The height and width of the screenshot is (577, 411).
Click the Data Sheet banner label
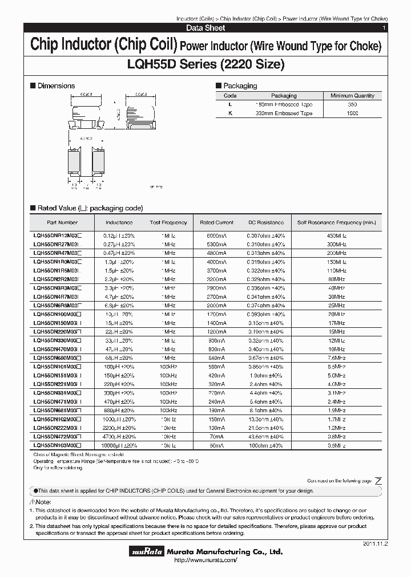[205, 28]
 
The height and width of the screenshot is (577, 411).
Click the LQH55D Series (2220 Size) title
[205, 64]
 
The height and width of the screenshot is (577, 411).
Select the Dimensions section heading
[56, 86]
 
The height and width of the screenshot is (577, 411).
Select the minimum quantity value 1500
[353, 113]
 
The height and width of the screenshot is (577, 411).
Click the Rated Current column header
[217, 222]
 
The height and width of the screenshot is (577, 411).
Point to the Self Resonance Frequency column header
[337, 222]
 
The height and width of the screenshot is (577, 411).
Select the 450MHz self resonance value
[337, 235]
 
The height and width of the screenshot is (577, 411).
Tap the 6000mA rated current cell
[217, 235]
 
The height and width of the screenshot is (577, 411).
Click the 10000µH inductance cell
[119, 445]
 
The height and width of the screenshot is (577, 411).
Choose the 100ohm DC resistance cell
[265, 445]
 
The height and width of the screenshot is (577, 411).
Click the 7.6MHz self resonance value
[337, 358]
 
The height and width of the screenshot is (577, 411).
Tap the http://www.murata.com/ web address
[205, 561]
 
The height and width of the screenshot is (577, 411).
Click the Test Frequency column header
[168, 222]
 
